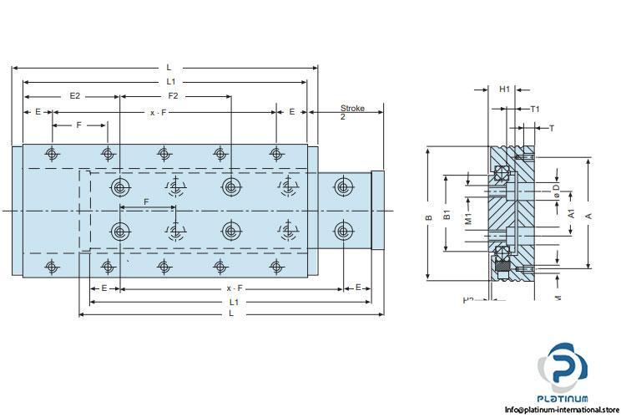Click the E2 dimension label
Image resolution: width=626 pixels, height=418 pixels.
click(x=74, y=96)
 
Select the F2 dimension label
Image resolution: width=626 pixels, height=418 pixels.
click(x=173, y=96)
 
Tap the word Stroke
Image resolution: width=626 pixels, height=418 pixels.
click(x=352, y=109)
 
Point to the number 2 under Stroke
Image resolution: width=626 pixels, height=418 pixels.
click(x=343, y=118)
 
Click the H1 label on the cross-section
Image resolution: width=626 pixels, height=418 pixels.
click(x=504, y=88)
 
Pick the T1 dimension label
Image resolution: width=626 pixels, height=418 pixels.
click(x=535, y=109)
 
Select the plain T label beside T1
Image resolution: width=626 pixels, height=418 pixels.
click(x=551, y=128)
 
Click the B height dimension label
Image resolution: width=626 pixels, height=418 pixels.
click(x=429, y=217)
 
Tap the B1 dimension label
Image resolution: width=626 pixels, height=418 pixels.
click(x=447, y=217)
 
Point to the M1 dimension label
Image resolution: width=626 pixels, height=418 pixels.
click(x=469, y=220)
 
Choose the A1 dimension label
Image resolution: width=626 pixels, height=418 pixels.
click(x=572, y=213)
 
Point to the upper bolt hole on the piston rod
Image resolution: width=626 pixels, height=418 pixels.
click(x=341, y=185)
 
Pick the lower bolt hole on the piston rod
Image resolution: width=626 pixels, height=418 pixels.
click(x=341, y=230)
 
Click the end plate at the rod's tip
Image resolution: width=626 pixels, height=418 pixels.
click(x=377, y=210)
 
